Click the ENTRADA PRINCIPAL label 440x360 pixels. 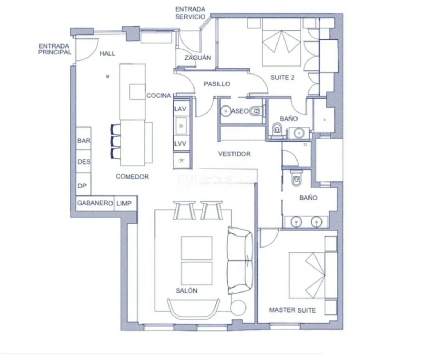[55, 49]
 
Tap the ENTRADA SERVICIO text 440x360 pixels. [190, 13]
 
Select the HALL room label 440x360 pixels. [107, 53]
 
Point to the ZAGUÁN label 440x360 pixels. [198, 58]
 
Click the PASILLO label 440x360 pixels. [217, 84]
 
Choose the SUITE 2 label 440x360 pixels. [282, 77]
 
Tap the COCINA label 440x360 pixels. [159, 95]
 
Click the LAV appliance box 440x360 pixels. [180, 109]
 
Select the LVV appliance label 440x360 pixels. [180, 144]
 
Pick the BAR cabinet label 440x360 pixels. [84, 141]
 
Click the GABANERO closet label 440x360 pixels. [95, 203]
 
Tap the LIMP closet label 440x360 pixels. [124, 203]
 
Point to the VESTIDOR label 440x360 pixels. [234, 154]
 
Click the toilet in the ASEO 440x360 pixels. [256, 111]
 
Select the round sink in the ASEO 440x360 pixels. [225, 111]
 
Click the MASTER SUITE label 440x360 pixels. [292, 310]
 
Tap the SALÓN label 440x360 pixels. [186, 291]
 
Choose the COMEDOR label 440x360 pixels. [132, 176]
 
